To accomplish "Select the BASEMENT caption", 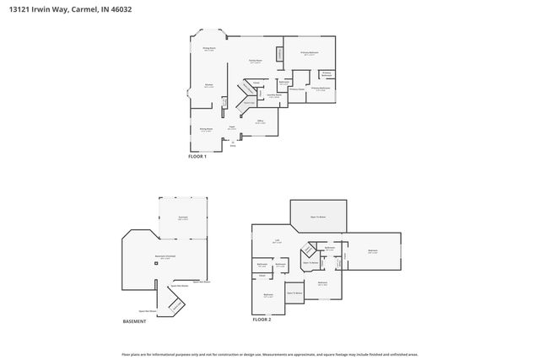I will [x=135, y=321].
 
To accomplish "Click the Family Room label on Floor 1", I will [x=254, y=62].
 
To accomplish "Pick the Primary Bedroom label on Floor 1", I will [x=309, y=53].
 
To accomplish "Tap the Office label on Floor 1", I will [x=260, y=122].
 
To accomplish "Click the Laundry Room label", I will [x=273, y=95].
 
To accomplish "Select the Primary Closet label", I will [x=296, y=89].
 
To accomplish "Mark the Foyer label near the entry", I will [x=231, y=128].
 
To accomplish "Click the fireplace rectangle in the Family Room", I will [x=279, y=55].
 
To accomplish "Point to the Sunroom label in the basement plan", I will [x=182, y=218].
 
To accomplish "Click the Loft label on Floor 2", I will [x=277, y=242].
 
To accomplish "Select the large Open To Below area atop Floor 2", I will [x=318, y=215].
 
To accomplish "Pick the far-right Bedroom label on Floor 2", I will [x=372, y=251].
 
